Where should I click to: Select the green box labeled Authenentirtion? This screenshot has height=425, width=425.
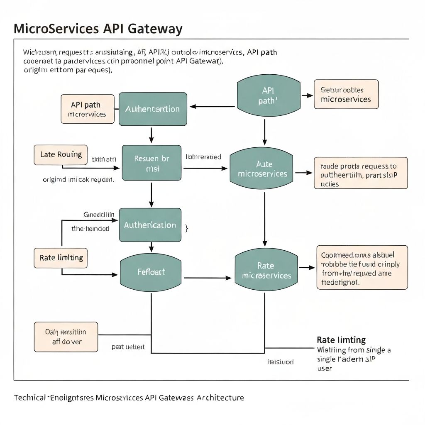pos(152,109)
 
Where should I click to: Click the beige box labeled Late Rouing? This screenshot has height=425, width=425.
pos(61,155)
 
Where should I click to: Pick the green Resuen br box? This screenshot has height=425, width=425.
pos(151,163)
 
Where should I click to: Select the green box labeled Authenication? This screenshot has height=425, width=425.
pos(150,225)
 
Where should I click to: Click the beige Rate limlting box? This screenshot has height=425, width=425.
pos(61,258)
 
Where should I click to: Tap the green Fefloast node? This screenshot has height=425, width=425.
pos(151,272)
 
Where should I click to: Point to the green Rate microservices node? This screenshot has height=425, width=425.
pos(266,271)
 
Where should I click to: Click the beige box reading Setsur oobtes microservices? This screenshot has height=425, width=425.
pos(346,94)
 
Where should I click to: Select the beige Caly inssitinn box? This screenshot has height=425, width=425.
pos(66,337)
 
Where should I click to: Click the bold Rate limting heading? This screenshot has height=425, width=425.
pos(341,340)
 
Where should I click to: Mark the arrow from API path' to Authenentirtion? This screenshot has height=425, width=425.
pos(212,107)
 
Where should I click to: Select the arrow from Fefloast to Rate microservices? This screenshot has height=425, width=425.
pos(208,278)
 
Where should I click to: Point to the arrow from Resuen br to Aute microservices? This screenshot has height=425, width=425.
pos(205,168)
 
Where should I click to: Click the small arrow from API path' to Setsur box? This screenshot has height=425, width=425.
pos(307,95)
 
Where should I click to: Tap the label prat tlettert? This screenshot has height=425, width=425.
pos(128,347)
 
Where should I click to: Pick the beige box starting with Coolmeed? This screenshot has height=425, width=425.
pos(362,267)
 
